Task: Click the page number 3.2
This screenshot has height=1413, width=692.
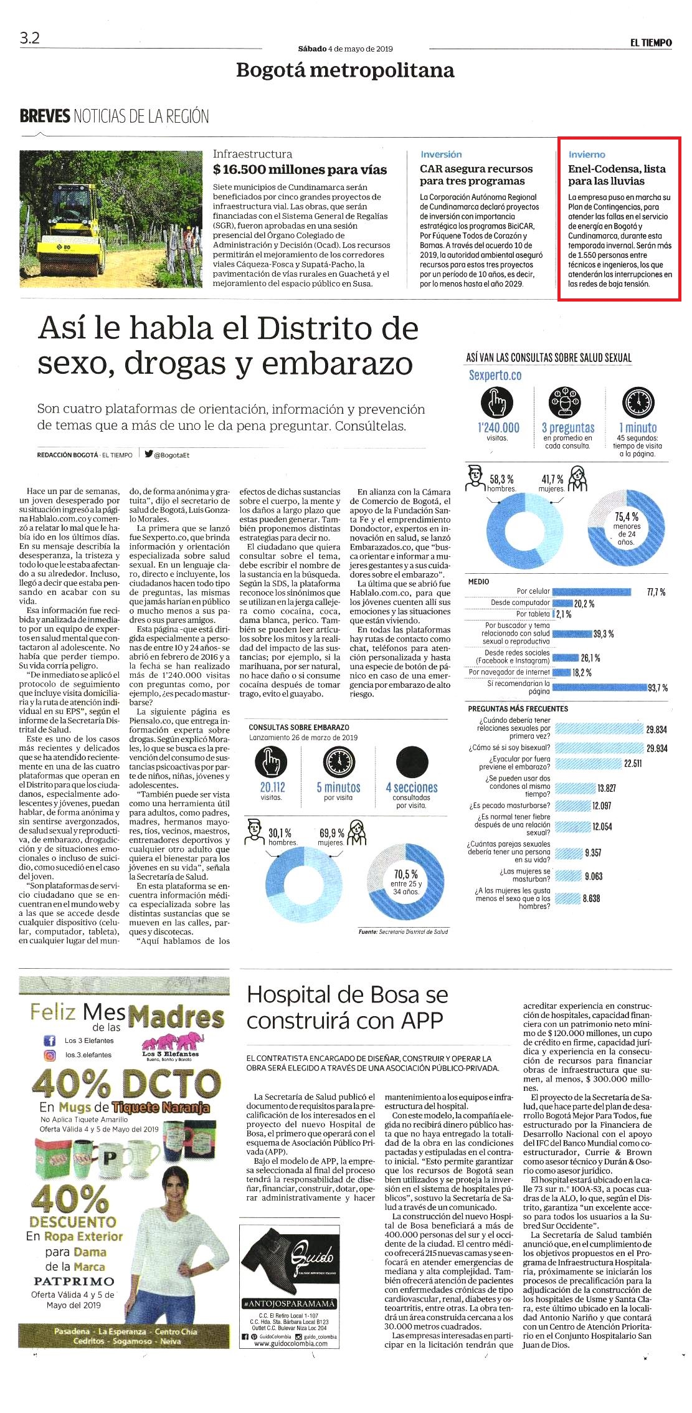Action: (29, 38)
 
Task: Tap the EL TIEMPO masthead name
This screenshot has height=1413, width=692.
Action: (651, 42)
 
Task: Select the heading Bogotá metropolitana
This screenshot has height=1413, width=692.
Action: (345, 70)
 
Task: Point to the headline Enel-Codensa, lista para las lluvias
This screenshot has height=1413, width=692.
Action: (617, 174)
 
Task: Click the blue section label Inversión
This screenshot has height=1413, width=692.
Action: (441, 155)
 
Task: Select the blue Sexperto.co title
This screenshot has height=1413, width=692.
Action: (495, 375)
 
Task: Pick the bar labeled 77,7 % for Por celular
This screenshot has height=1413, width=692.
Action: (592, 591)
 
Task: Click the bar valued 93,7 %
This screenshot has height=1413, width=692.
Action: (600, 687)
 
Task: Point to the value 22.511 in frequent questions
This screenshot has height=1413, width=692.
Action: (633, 763)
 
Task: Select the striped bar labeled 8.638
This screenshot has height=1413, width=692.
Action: (567, 898)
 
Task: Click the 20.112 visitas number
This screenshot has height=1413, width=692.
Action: (272, 787)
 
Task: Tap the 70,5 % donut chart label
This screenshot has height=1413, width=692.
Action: (406, 874)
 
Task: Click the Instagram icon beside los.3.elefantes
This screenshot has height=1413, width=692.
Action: (49, 1055)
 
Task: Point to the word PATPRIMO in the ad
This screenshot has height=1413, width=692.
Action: (74, 1281)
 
